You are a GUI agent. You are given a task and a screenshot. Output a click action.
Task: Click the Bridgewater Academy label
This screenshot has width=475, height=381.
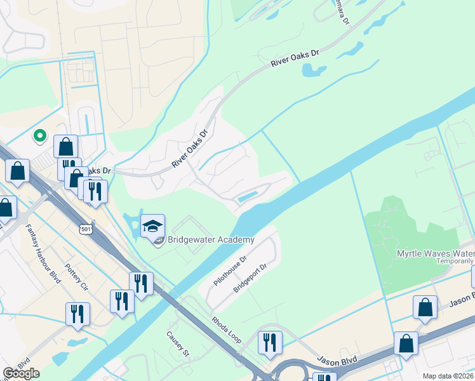(210, 239)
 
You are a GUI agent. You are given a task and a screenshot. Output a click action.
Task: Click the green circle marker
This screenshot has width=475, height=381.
(39, 135)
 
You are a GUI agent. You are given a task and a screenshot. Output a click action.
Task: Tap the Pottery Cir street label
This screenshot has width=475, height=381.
(76, 277)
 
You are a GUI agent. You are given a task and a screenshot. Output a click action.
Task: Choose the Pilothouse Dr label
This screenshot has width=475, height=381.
(230, 271)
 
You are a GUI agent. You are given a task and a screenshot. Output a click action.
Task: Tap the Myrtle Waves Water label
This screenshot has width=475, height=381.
(435, 253)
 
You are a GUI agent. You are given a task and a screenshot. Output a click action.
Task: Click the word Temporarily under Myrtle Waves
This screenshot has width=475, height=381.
(454, 261)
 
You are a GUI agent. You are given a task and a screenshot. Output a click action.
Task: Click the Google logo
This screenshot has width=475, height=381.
(21, 373)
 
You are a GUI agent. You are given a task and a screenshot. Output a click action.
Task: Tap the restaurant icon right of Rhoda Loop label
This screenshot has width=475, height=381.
(270, 343)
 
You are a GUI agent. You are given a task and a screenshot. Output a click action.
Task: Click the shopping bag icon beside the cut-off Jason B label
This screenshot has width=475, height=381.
(425, 307)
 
